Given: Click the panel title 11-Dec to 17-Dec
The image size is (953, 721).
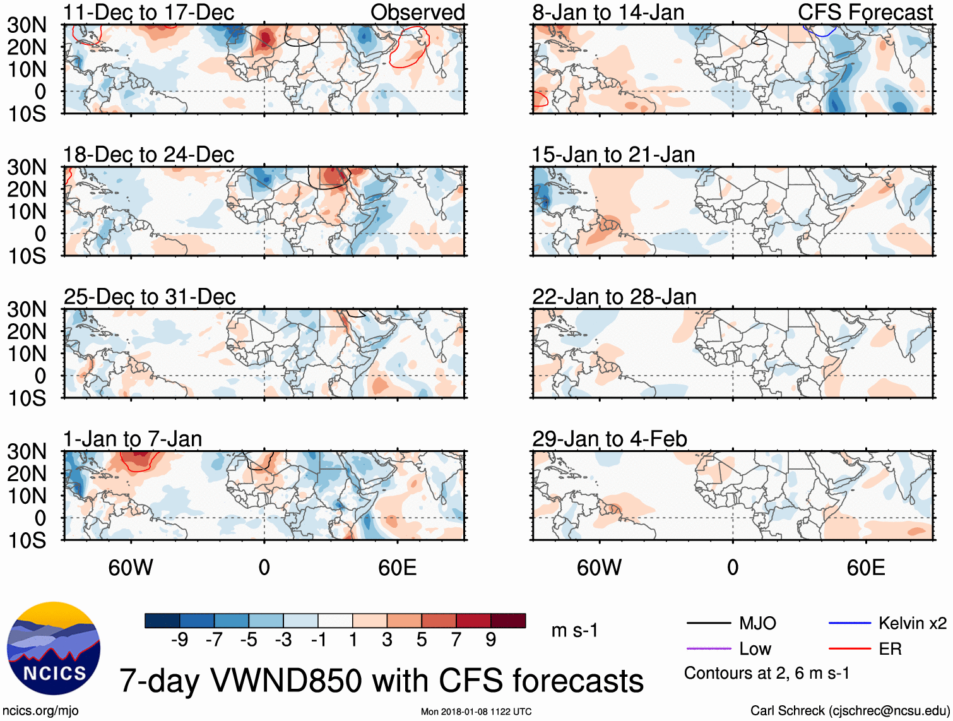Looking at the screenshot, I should (148, 12).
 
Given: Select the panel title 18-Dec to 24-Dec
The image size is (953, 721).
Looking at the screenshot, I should (148, 154).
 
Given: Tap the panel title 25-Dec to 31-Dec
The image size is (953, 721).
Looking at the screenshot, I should (150, 296).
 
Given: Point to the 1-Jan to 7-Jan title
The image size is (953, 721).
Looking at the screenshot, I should (133, 439).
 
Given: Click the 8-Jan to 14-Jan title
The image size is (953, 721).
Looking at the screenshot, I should (608, 12).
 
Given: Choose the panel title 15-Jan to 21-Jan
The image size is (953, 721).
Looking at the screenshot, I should (613, 154).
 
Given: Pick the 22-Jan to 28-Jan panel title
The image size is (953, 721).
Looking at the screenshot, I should (614, 296).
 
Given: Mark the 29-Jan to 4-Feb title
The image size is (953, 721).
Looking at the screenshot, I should (610, 439).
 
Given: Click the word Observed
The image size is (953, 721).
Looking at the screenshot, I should (418, 12).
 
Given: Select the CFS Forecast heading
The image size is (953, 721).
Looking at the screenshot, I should (865, 12).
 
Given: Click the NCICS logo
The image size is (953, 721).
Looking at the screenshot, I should (54, 648).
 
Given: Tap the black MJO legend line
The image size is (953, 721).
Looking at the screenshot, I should (708, 624).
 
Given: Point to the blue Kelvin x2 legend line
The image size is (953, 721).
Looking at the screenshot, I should (849, 624).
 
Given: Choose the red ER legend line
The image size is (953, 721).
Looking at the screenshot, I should (849, 648).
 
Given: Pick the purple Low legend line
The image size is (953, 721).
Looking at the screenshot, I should (708, 648).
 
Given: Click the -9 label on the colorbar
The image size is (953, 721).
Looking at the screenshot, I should (179, 640).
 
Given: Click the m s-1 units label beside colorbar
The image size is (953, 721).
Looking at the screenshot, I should (574, 630).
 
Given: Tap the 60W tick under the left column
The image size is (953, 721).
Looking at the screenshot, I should (131, 568).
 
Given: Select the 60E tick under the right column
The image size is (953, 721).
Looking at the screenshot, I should (865, 568).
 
